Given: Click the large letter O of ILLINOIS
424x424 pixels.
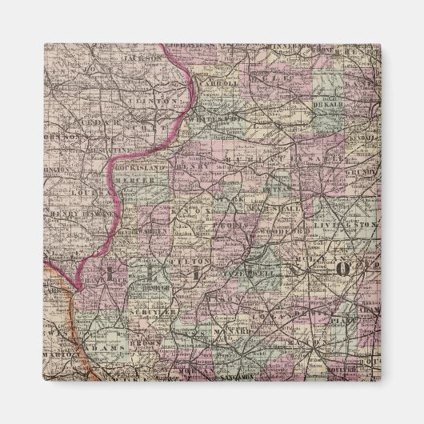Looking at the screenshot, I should tap(342, 270).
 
